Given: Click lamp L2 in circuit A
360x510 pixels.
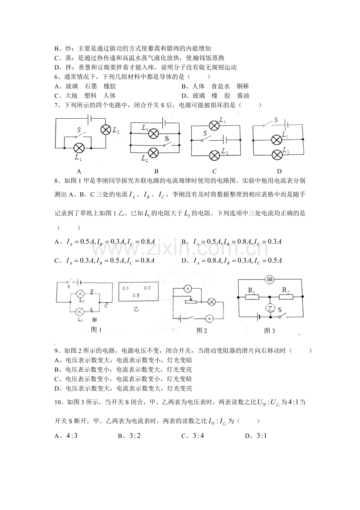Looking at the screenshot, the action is coord(106,129).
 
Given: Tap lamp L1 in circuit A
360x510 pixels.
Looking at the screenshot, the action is coord(79,148).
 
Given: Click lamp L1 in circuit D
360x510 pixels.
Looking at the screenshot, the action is coord(277,140).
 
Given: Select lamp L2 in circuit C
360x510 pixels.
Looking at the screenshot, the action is coord(214,156).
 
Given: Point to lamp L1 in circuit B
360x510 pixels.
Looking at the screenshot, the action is coord(153,134).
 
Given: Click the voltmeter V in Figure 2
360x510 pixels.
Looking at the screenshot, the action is coord(188,289).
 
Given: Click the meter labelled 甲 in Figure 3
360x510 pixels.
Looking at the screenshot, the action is coord(270,280).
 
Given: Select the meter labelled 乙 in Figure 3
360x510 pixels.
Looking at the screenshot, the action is coord(270,308).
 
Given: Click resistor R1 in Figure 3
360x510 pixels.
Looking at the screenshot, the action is coord(252,297).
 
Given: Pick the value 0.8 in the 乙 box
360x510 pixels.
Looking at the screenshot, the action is coord(136,295).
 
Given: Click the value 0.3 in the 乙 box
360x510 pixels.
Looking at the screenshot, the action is coord(147,288).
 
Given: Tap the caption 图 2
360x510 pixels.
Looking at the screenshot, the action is coord(202,331).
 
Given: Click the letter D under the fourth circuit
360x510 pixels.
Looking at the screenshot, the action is coord(279,171).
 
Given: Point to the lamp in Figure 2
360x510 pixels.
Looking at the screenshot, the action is coord(212,302).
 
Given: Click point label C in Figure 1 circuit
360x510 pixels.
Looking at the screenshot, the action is coord(106,306).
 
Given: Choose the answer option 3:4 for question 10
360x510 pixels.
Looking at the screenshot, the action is coord(198,436).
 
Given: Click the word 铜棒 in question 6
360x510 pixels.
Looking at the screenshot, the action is coord(243,86).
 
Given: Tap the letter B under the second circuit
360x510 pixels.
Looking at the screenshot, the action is coord(156,171).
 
